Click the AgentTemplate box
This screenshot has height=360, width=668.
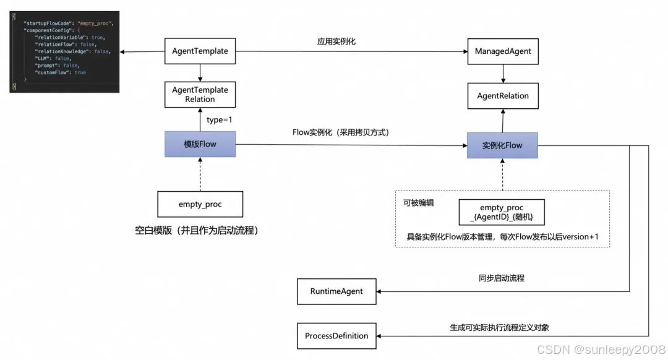[x=200, y=51]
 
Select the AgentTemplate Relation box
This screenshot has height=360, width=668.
[x=200, y=95]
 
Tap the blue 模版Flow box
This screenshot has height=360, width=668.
[x=200, y=144]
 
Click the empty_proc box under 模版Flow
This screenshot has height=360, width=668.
[x=200, y=204]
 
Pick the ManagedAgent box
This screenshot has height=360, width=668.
[x=503, y=51]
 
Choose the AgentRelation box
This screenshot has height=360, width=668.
[x=503, y=96]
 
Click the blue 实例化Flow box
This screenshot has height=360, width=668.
[x=502, y=145]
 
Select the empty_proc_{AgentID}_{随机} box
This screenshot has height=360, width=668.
[x=502, y=212]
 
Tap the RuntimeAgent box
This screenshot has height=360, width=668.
[x=337, y=291]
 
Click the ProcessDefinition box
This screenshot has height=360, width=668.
[x=336, y=336]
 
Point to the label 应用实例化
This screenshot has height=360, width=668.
[x=336, y=41]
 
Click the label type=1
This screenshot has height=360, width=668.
[x=219, y=119]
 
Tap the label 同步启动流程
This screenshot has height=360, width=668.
[x=501, y=278]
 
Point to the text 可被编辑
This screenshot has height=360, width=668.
[x=419, y=202]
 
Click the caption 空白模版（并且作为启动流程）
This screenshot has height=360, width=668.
[x=197, y=231]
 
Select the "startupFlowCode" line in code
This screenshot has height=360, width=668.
[x=69, y=23]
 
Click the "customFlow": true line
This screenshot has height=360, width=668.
[x=61, y=72]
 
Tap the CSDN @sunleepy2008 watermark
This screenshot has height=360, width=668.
[x=601, y=350]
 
